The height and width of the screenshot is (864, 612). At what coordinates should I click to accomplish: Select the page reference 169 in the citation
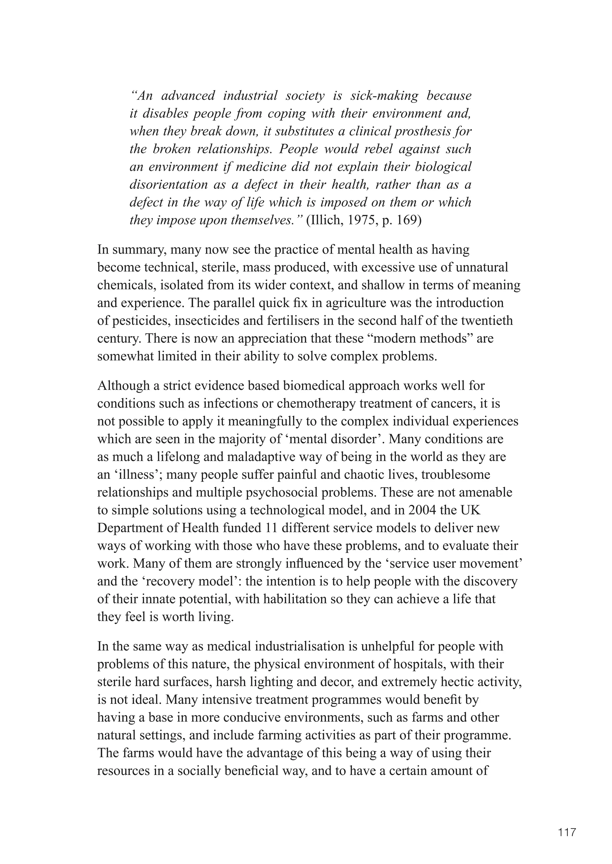click(405, 220)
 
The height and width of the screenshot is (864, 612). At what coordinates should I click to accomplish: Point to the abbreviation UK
click(472, 510)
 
